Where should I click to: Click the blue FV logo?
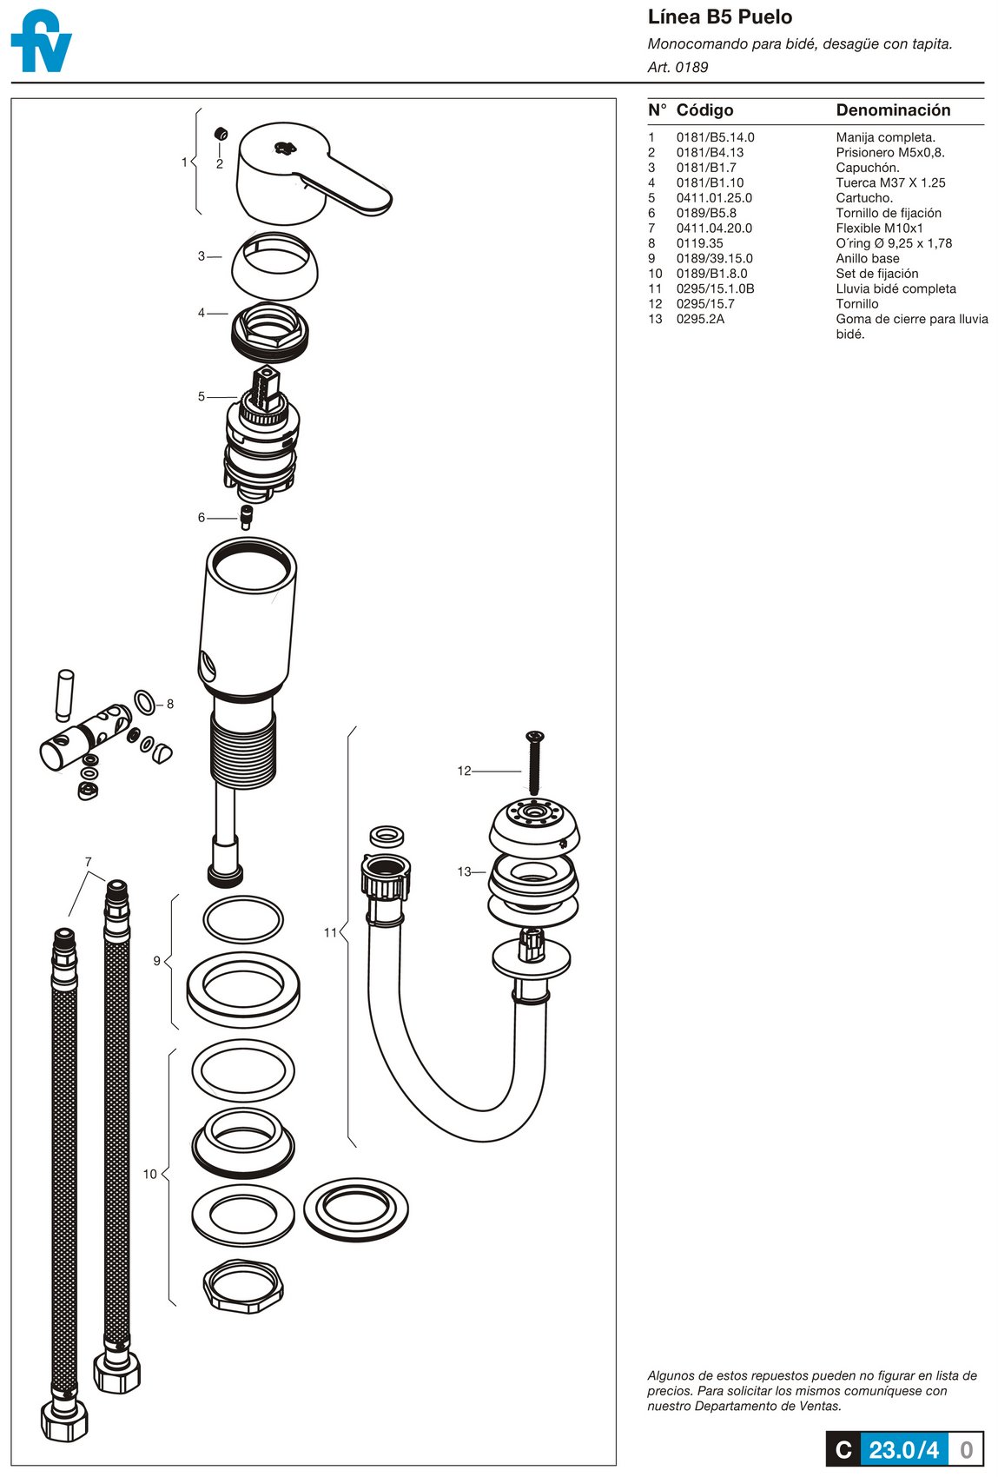point(41,41)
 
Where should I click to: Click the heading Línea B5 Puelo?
point(719,17)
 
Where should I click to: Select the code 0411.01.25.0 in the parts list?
point(714,198)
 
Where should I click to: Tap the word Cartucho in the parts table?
point(863,198)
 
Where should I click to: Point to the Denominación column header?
point(893,110)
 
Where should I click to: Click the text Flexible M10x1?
point(879,229)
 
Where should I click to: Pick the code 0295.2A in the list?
point(700,319)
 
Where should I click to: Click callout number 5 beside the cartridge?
point(202,397)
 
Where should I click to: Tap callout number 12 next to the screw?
point(464,771)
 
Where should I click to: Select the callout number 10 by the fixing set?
point(150,1175)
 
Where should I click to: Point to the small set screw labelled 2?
point(221,134)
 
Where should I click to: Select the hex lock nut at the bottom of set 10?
point(243,1285)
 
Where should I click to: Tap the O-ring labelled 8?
point(146,701)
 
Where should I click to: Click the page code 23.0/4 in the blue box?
point(903,1449)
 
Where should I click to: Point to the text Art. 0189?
point(677,67)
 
